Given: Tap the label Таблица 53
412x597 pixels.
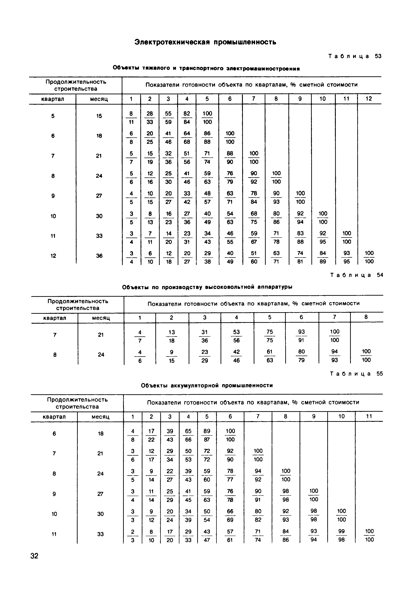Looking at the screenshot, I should point(355,56).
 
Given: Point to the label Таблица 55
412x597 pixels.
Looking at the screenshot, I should point(356,374).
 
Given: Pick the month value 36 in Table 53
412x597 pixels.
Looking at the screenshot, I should point(99,256).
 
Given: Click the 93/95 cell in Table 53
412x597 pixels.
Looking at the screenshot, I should point(346,257).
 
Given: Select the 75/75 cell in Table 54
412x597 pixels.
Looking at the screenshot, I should point(270,336).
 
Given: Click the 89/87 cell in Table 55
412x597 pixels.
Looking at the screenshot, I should point(207,435).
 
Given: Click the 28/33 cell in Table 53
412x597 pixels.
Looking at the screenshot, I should point(150,118).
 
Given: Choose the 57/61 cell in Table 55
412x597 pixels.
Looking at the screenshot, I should point(230,536).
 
